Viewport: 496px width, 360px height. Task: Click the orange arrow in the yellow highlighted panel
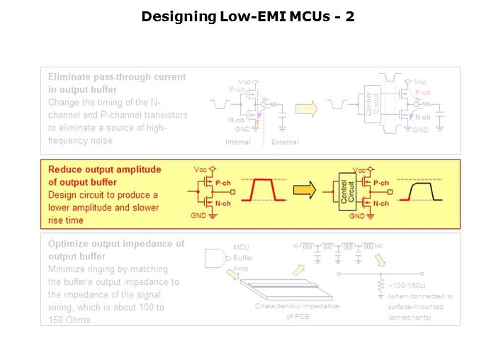coord(304,189)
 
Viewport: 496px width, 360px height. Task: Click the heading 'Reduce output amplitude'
coord(104,169)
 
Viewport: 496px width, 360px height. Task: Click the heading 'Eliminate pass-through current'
coord(117,76)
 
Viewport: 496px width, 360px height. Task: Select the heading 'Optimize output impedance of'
coord(115,243)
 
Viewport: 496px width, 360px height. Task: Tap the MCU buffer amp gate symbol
coord(216,259)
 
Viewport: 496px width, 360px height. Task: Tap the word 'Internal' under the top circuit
coord(237,142)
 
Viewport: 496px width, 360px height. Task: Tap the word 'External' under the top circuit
coord(285,142)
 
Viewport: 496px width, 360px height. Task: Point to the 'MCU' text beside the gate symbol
coord(241,247)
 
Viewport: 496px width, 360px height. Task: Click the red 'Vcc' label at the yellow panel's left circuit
coord(201,170)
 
